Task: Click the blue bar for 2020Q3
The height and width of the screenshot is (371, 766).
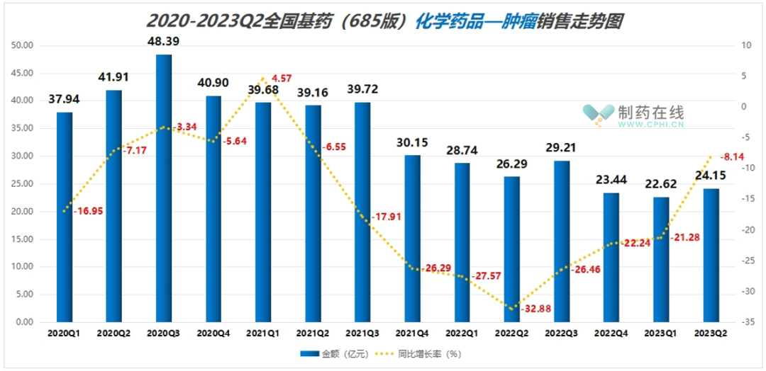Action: [x=164, y=188]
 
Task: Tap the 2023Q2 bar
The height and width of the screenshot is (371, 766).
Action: [x=711, y=255]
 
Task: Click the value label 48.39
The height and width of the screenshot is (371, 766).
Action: [x=164, y=41]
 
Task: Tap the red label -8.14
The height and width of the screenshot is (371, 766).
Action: [x=731, y=157]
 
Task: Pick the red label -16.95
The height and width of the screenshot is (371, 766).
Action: [x=87, y=211]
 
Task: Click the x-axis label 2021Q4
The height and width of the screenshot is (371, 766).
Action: [x=412, y=331]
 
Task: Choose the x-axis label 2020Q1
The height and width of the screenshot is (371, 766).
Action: [x=65, y=331]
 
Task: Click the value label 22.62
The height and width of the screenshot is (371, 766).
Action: [x=661, y=184]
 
